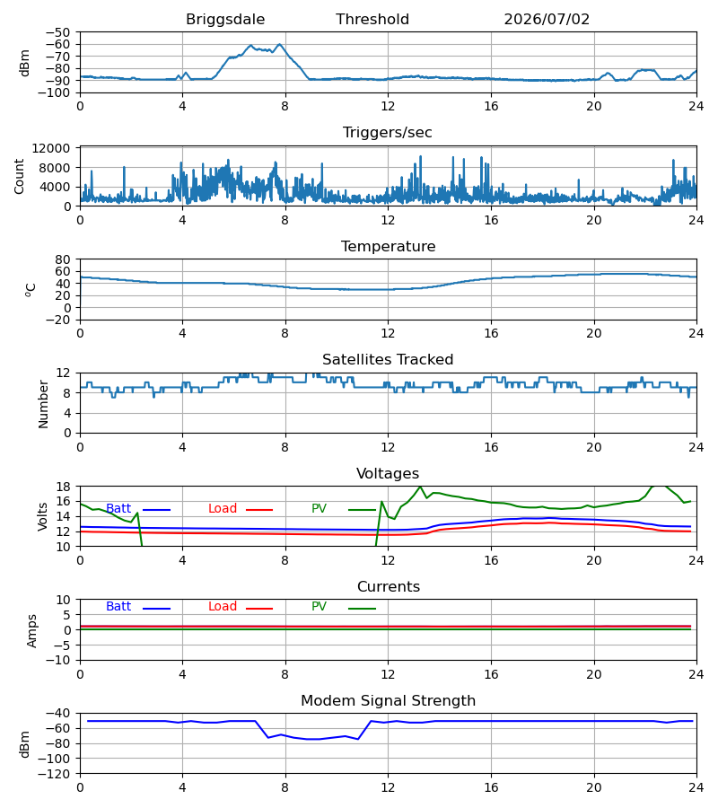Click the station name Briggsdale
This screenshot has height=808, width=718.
point(225,20)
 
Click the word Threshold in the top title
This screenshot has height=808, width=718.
point(372,19)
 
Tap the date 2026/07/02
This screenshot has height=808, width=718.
point(547,19)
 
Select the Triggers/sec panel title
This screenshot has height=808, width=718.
point(388,133)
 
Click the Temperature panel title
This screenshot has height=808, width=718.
point(388,246)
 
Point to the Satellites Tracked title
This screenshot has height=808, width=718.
point(388,360)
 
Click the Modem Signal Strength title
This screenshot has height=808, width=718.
point(388,701)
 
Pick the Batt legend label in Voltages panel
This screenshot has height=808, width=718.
point(118,509)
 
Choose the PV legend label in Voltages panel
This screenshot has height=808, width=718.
point(319,509)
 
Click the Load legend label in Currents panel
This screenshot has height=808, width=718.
point(223,607)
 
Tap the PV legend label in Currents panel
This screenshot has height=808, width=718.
point(319,607)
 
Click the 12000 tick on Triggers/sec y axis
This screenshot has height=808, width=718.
point(51,148)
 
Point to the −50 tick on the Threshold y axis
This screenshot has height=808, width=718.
point(57,32)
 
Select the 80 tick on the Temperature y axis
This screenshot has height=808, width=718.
point(63,259)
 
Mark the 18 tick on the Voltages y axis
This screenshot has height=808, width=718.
point(63,487)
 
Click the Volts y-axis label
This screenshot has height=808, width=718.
point(43,516)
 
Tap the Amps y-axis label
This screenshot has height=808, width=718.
point(32,630)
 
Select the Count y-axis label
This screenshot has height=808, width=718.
point(19,176)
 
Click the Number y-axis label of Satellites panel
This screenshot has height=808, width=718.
point(43,404)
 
